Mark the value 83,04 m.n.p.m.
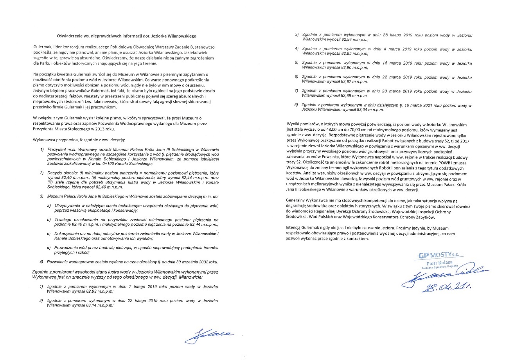click(x=367, y=110)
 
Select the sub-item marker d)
click(x=49, y=248)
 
